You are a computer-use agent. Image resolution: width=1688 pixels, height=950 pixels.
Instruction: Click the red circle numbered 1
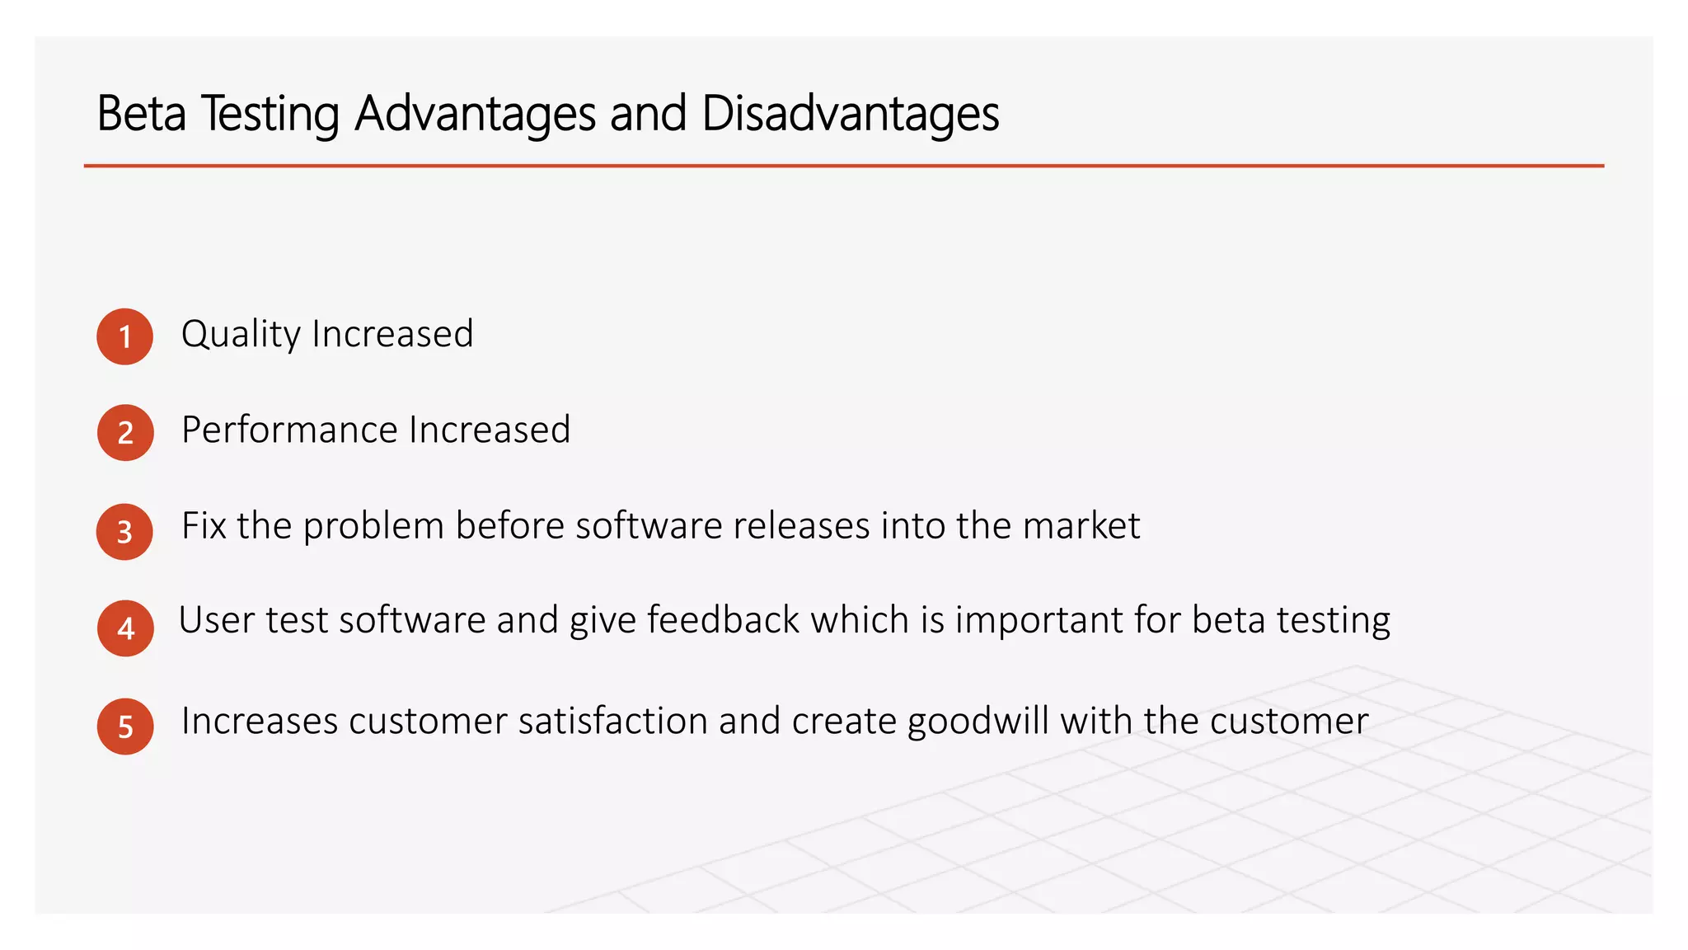click(125, 336)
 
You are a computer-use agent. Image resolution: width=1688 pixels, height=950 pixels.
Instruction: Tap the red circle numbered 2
click(125, 433)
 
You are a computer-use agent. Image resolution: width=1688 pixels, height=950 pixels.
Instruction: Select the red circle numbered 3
click(124, 532)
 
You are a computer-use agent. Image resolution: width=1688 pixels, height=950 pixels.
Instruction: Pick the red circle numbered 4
click(125, 628)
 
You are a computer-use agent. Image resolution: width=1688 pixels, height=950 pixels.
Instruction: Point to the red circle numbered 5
click(125, 727)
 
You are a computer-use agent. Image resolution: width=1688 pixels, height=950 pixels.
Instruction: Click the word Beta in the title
click(142, 113)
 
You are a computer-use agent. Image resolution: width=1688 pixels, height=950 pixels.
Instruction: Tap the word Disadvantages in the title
click(851, 113)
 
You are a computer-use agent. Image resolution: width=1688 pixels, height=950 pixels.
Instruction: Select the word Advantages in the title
click(476, 113)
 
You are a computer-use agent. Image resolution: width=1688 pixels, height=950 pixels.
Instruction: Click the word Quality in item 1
click(241, 335)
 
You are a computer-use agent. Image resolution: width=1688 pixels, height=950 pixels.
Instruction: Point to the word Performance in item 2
click(289, 430)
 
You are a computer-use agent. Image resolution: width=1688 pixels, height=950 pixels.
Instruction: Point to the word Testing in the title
click(270, 113)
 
